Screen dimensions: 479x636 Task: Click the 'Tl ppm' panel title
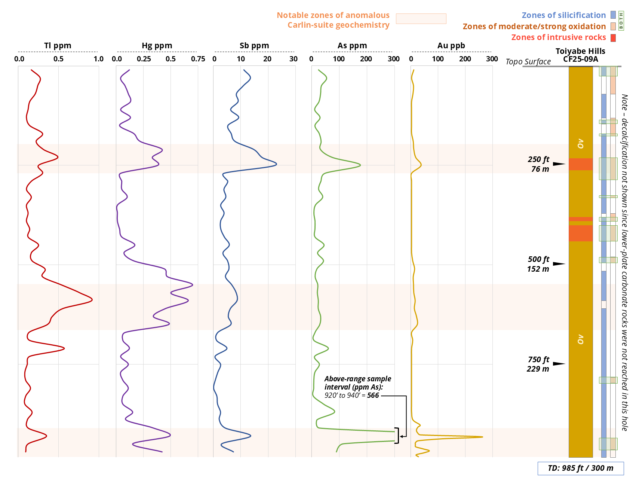[58, 46]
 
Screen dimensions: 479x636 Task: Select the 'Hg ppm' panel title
[157, 46]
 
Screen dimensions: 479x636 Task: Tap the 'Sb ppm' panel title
[254, 46]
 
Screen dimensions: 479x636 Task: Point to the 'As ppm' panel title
[352, 46]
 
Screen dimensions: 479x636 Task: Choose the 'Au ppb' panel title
[451, 46]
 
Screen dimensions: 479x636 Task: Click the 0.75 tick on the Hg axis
[198, 59]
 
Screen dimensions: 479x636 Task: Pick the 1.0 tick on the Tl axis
[99, 59]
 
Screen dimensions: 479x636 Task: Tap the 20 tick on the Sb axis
[267, 59]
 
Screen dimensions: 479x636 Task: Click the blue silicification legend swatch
[613, 15]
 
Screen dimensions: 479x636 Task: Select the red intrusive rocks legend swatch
[613, 38]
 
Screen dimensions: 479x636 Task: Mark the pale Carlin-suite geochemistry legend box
[421, 19]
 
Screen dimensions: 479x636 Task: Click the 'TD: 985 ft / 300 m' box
[580, 468]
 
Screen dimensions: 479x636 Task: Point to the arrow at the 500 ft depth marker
[559, 264]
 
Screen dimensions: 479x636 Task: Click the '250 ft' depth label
[538, 159]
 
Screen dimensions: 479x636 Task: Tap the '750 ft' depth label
[538, 360]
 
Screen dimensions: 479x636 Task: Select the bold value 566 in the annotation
[373, 396]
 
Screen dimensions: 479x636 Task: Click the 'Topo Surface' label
[528, 62]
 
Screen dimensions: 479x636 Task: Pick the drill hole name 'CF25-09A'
[580, 59]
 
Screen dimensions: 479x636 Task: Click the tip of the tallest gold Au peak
[482, 437]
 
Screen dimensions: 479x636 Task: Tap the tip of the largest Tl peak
[92, 299]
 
